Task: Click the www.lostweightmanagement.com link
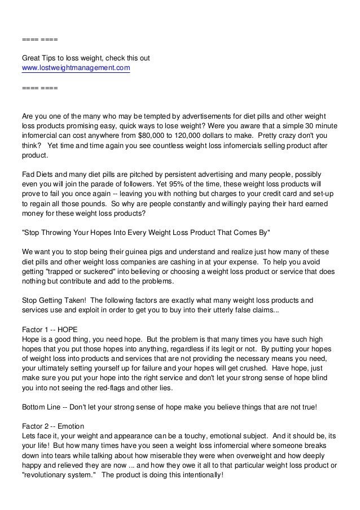76,68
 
